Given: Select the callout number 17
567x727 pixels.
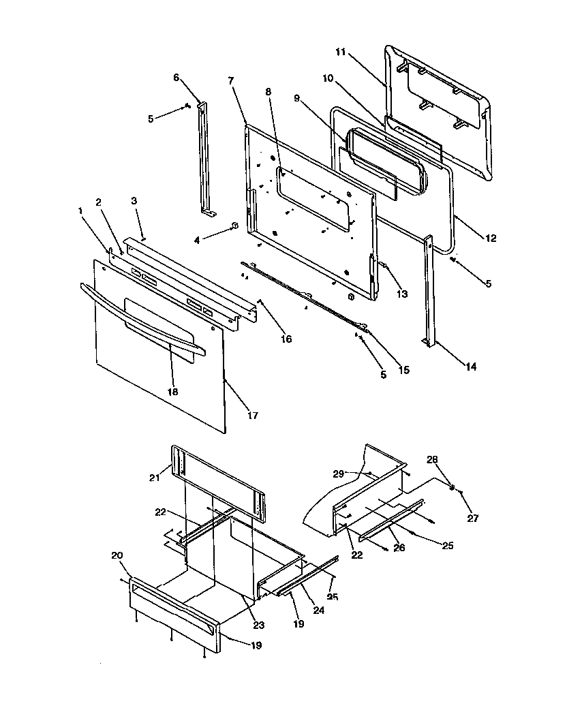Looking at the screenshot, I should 253,415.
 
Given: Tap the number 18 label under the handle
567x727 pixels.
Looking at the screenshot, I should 173,392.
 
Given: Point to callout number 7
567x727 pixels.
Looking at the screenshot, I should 231,81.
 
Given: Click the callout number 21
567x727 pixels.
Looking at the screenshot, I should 155,478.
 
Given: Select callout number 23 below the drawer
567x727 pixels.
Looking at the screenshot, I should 258,624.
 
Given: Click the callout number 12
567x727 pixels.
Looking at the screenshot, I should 491,238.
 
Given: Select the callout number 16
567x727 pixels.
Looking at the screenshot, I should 287,339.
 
